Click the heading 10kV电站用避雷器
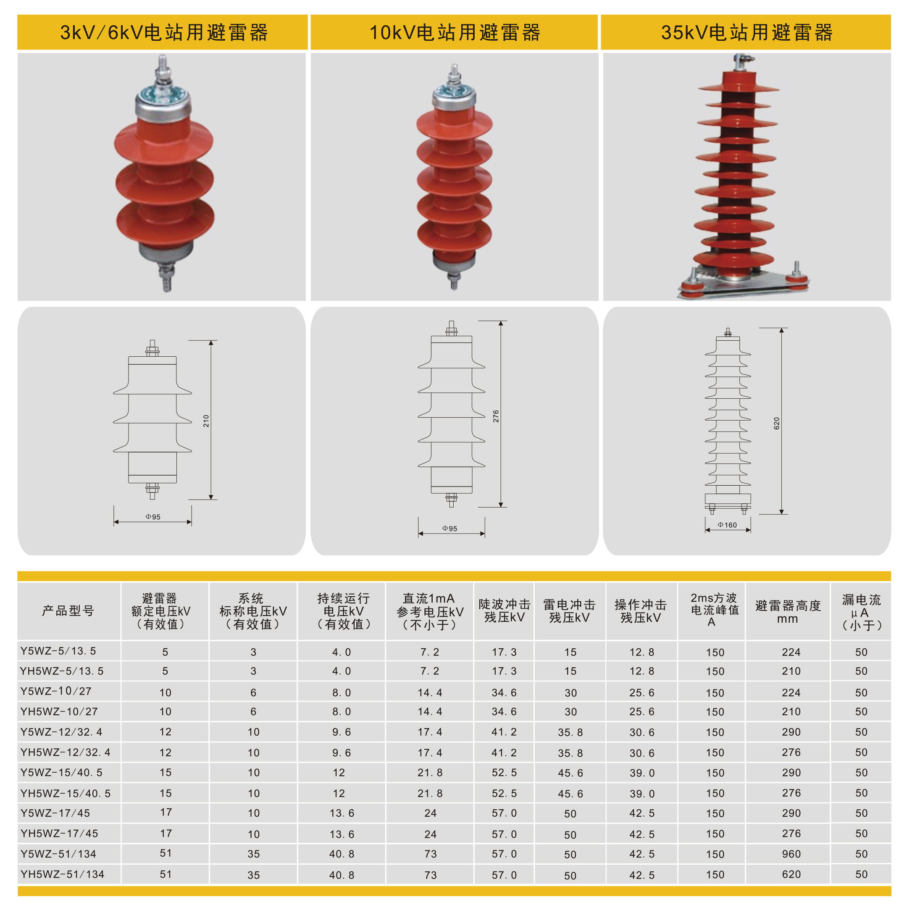(455, 33)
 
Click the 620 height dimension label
(777, 424)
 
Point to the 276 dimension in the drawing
(496, 416)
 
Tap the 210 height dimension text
(206, 421)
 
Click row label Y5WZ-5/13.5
(58, 651)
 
